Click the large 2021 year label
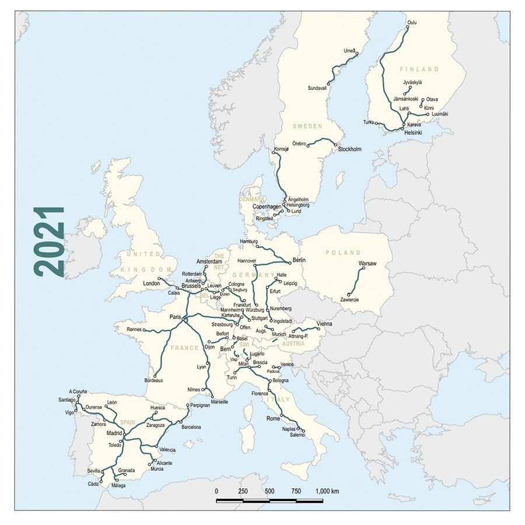pyautogui.click(x=49, y=242)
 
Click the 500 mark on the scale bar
pyautogui.click(x=269, y=491)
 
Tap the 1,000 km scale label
pyautogui.click(x=327, y=491)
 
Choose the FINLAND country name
pyautogui.click(x=420, y=69)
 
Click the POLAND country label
pyautogui.click(x=344, y=253)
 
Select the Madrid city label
pyautogui.click(x=114, y=433)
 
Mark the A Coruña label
pyautogui.click(x=78, y=391)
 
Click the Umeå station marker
pyautogui.click(x=356, y=54)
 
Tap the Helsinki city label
pyautogui.click(x=413, y=133)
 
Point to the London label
pyautogui.click(x=151, y=284)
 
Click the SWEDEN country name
pyautogui.click(x=307, y=125)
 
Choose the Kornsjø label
pyautogui.click(x=281, y=149)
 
